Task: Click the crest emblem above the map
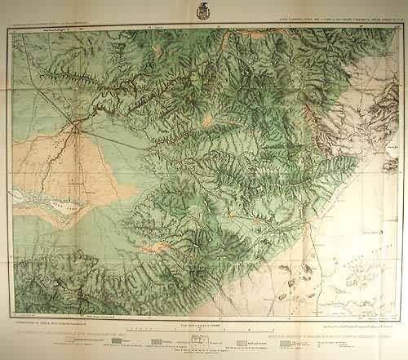[x=203, y=11]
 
